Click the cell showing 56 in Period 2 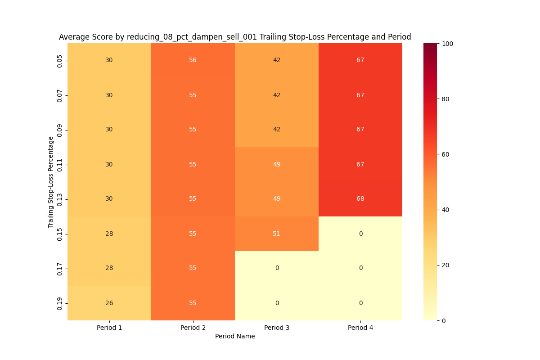tap(193, 60)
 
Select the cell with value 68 tap(360, 199)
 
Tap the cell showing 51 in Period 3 tap(276, 234)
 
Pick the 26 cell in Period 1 tap(109, 303)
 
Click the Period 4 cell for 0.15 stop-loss tap(360, 234)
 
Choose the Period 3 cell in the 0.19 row tap(276, 303)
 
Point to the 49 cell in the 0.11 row tap(276, 164)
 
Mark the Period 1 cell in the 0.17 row tap(109, 268)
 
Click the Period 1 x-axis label tap(109, 328)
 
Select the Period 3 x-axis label tap(276, 328)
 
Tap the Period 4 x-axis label tap(360, 328)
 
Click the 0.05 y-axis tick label tap(60, 61)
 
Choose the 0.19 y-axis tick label tap(60, 303)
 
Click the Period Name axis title tap(234, 337)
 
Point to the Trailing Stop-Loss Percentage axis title tap(51, 182)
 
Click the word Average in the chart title tap(73, 37)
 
